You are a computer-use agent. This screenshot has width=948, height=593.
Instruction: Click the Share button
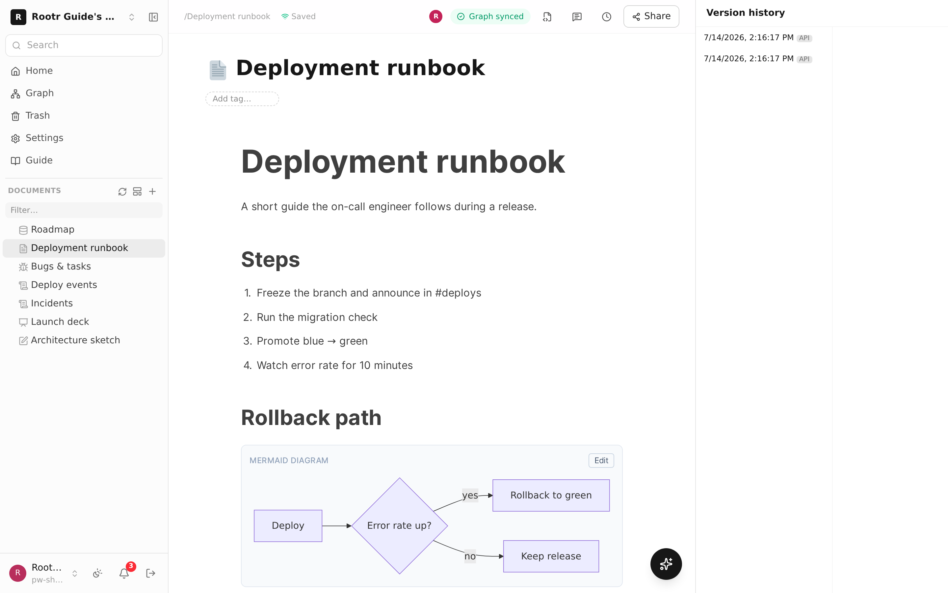[651, 16]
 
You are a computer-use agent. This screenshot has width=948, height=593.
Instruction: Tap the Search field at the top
[84, 45]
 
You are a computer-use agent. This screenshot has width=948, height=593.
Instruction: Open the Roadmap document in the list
[52, 229]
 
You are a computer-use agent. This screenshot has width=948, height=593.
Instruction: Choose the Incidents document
[52, 303]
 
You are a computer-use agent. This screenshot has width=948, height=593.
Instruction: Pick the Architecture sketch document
[75, 340]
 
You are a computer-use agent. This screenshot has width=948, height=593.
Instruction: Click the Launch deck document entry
[60, 322]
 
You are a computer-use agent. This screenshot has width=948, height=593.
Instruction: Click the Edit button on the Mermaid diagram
[601, 461]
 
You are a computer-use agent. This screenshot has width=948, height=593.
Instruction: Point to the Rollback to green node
[551, 495]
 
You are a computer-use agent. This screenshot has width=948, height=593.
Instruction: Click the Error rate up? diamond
[399, 525]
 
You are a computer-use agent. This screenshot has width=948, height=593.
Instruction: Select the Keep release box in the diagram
[551, 556]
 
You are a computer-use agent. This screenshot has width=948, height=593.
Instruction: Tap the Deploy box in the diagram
[288, 525]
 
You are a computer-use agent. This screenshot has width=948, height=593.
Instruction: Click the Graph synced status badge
[490, 16]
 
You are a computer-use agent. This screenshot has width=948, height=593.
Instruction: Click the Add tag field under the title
[242, 99]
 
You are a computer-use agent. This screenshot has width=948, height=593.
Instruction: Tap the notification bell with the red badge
[124, 573]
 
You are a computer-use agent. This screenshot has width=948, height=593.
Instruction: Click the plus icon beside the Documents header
[152, 191]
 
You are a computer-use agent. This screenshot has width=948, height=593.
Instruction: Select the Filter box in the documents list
[84, 210]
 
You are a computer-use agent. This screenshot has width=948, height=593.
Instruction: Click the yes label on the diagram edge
[470, 495]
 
